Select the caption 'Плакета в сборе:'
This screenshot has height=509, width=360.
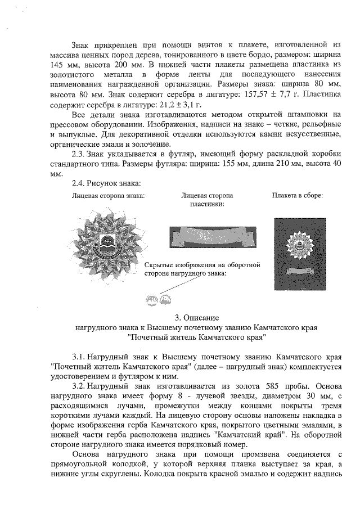click(297, 195)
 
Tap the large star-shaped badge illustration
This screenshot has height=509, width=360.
click(108, 242)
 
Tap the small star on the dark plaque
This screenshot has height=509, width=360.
click(298, 245)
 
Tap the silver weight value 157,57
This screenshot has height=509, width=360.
click(258, 94)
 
